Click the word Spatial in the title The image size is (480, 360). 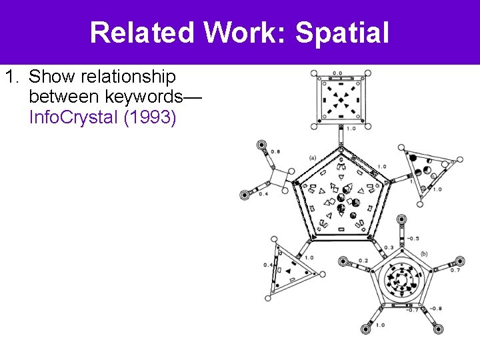tap(342, 32)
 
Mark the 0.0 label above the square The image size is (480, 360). tap(337, 73)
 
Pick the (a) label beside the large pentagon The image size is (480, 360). tap(312, 158)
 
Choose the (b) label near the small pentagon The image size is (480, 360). tap(424, 254)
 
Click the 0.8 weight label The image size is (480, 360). tap(275, 151)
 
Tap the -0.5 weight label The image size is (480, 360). tap(413, 238)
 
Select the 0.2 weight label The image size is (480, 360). tap(363, 261)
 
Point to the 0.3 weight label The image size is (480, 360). tap(388, 248)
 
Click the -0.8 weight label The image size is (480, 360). tap(435, 308)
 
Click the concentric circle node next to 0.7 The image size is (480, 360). tap(459, 261)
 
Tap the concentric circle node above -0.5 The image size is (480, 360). tap(401, 219)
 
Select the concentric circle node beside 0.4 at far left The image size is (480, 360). tap(245, 195)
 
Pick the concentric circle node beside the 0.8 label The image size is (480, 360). tap(262, 145)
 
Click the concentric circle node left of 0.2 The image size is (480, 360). tap(345, 261)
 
